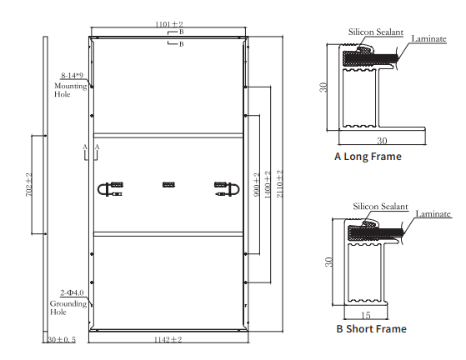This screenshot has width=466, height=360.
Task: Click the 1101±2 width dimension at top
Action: tap(168, 24)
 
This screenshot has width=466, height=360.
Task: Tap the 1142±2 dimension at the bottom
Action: tap(168, 339)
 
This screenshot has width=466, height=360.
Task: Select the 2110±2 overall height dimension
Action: tap(279, 183)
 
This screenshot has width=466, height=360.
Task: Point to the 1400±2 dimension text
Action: tap(268, 185)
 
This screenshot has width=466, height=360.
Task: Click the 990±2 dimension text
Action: tap(257, 185)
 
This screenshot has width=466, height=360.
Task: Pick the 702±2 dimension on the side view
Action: tap(29, 184)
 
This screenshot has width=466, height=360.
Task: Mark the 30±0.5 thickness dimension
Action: tap(62, 339)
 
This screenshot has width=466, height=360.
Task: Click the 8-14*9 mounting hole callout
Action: tap(72, 76)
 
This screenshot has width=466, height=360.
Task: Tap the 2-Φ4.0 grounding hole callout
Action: tap(72, 292)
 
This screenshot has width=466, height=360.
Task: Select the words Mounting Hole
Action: tap(70, 90)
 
